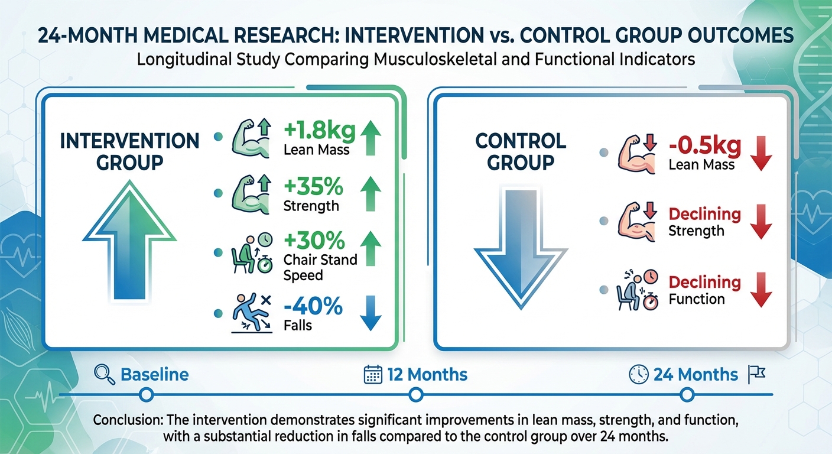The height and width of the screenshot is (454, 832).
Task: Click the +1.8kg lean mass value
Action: pos(319,131)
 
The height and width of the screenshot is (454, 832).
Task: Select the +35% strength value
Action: pos(313,188)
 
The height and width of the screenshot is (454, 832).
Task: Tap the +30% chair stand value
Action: pos(314,242)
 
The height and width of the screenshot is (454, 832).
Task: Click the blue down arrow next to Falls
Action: pos(370,313)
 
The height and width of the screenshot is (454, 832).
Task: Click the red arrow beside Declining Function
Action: pos(763,289)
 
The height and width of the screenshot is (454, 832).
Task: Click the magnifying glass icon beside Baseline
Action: pos(104,374)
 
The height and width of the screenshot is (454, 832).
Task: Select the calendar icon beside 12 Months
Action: pos(372,374)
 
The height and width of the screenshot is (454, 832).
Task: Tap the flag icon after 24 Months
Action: pos(757,374)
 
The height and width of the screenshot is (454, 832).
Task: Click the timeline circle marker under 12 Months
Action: pos(415,394)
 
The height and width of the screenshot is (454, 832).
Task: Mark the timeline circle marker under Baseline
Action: pos(147,394)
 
